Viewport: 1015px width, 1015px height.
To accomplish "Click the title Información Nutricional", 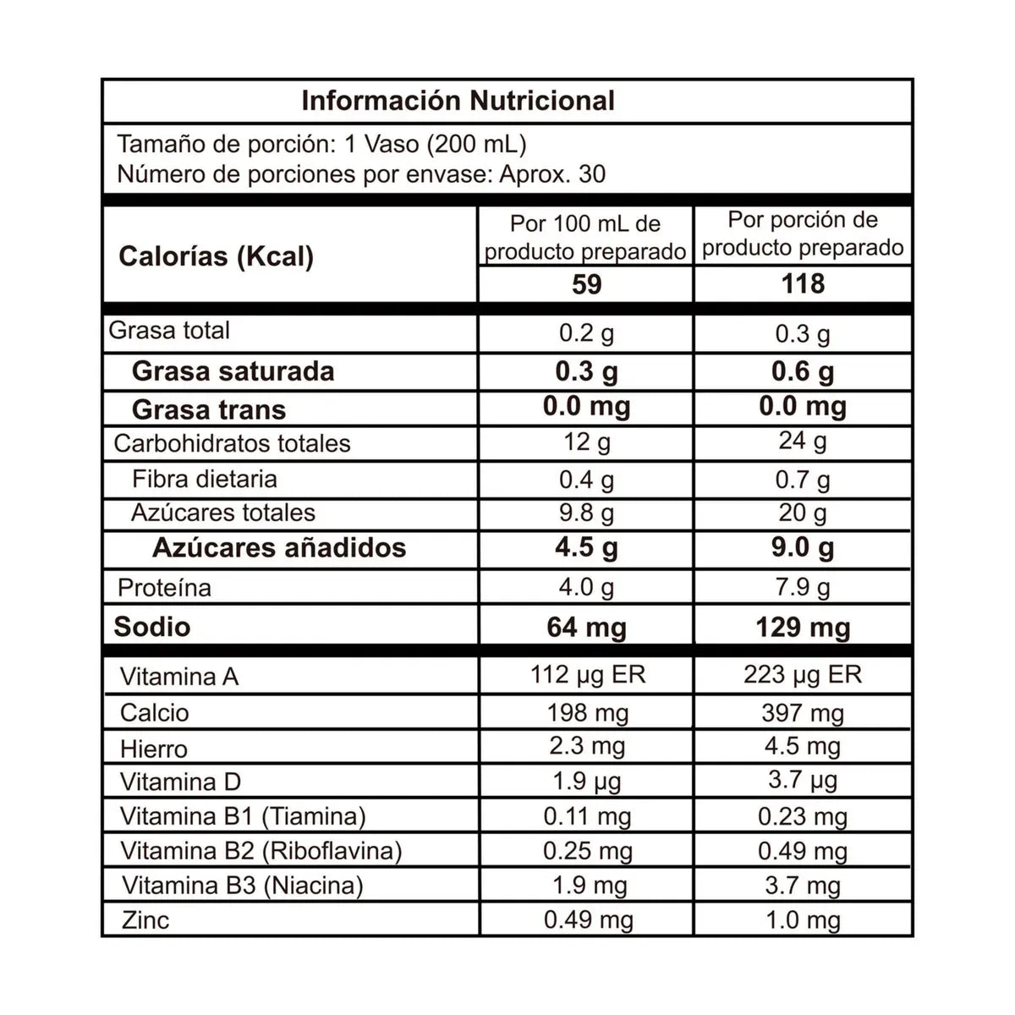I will [458, 101].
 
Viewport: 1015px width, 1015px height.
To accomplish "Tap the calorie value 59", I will [586, 284].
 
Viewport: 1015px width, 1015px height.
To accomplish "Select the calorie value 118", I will [803, 284].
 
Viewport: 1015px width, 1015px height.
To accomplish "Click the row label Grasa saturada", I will [233, 371].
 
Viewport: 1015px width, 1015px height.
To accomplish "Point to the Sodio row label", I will [152, 627].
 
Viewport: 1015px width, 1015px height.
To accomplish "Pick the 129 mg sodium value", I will [803, 628].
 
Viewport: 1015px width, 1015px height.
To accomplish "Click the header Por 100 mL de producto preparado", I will [585, 238].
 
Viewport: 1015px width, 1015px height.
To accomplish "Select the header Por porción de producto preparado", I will [803, 233].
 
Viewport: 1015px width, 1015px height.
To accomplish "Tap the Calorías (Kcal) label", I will [216, 256].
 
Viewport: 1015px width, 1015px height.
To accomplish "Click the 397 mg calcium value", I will [803, 713].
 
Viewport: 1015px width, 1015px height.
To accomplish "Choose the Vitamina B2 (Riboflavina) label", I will [261, 850].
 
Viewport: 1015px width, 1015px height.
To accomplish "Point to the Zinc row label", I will [145, 919].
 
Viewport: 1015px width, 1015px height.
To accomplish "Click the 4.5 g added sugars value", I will [586, 548].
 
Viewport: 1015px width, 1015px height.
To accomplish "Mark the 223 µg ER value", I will [803, 675].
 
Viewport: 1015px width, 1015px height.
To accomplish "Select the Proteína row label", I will [164, 588].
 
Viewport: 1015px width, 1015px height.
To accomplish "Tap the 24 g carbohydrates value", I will [803, 441].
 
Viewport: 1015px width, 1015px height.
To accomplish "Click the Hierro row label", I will [154, 749].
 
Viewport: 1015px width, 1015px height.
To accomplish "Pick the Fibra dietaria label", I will [205, 479].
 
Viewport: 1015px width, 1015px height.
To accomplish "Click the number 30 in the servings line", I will [592, 174].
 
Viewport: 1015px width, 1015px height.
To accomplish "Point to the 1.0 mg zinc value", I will [803, 920].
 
